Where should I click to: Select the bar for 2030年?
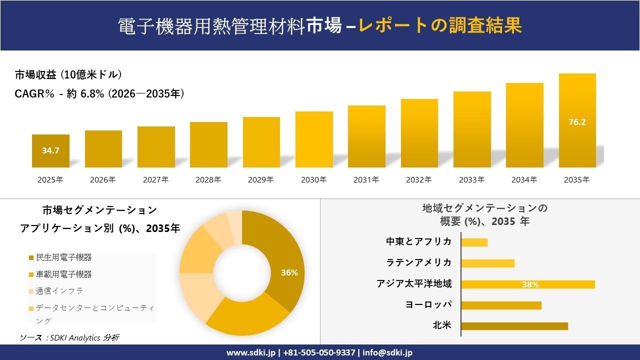pyautogui.click(x=314, y=139)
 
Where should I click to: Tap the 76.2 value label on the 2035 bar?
pyautogui.click(x=577, y=122)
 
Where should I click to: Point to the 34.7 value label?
pyautogui.click(x=50, y=150)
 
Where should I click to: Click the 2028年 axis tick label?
pyautogui.click(x=208, y=180)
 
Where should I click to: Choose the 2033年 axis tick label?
pyautogui.click(x=471, y=180)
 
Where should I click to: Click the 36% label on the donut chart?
pyautogui.click(x=289, y=272)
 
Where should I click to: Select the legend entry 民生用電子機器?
pyautogui.click(x=63, y=257)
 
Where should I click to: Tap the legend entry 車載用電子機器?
pyautogui.click(x=63, y=274)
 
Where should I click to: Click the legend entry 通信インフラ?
pyautogui.click(x=59, y=291)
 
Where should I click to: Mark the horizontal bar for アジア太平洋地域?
pyautogui.click(x=527, y=284)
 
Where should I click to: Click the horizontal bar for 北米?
pyautogui.click(x=514, y=326)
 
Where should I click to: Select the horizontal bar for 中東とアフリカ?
pyautogui.click(x=474, y=242)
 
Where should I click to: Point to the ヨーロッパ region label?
pyautogui.click(x=428, y=304)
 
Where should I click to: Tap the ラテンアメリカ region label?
pyautogui.click(x=418, y=263)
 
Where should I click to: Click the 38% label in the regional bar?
pyautogui.click(x=530, y=284)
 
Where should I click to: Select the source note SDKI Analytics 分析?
pyautogui.click(x=69, y=338)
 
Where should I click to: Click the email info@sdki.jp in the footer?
pyautogui.click(x=387, y=352)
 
